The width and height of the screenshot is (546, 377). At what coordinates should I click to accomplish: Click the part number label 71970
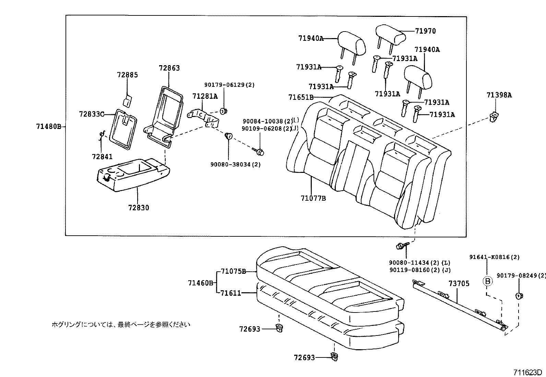click(425, 31)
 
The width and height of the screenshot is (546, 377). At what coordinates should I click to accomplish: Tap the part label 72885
click(127, 75)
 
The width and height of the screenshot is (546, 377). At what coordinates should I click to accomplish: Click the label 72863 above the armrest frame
click(169, 68)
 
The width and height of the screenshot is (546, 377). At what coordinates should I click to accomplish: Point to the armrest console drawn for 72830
click(134, 175)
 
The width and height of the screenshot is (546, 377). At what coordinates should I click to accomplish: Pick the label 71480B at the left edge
click(48, 126)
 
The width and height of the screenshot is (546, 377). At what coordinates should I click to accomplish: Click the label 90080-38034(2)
click(235, 164)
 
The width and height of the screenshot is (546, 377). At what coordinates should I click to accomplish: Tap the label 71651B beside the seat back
click(301, 97)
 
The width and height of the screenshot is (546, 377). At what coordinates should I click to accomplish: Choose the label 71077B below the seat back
click(313, 198)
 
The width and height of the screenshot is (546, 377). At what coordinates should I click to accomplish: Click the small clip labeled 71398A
click(494, 117)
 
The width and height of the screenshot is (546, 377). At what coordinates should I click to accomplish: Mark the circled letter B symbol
click(487, 281)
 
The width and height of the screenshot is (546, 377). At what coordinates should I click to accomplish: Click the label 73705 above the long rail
click(459, 284)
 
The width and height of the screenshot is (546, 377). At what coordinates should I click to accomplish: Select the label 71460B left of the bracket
click(201, 283)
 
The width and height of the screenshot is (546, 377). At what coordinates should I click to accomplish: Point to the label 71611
click(230, 293)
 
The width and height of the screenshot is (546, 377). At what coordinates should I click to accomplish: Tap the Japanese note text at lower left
click(120, 324)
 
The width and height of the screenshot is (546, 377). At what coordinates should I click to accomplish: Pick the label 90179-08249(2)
click(521, 275)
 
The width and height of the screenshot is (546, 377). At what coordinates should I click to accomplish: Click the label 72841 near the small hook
click(102, 156)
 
